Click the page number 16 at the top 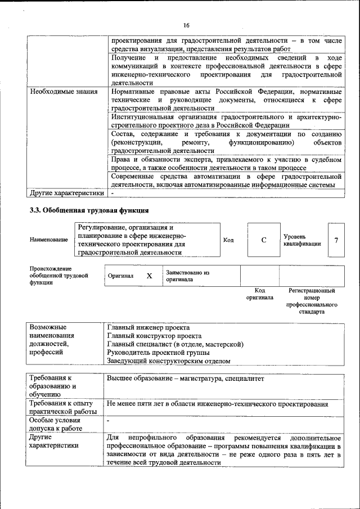(186, 25)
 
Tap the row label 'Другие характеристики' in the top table (67, 193)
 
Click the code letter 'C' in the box (264, 240)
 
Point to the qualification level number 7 (336, 240)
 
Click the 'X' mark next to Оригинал (149, 276)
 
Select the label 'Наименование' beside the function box (49, 240)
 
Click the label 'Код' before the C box (228, 240)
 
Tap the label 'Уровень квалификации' (302, 240)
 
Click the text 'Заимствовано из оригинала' (187, 276)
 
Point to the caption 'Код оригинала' (259, 294)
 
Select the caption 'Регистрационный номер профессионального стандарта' (311, 301)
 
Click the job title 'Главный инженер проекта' (148, 327)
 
